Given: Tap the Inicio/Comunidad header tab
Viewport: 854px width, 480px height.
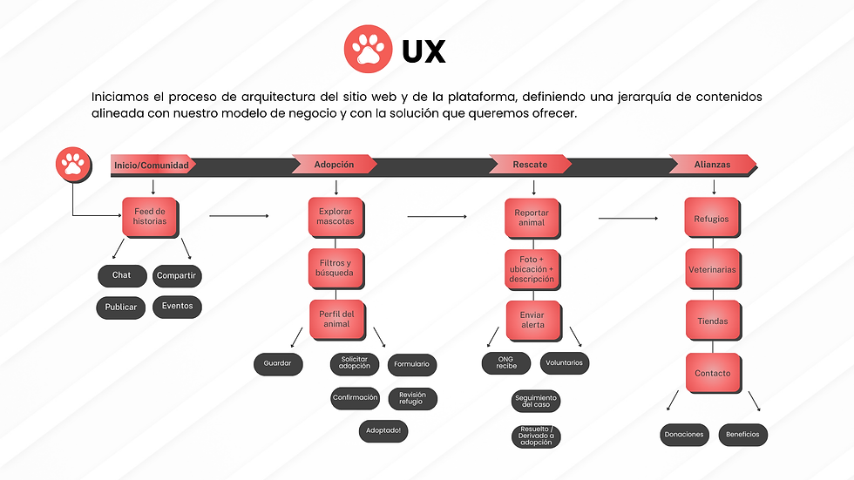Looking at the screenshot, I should pos(152,165).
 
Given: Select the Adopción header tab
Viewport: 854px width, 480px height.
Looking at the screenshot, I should pos(334,164).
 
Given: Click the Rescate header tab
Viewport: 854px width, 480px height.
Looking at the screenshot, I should pos(530,164).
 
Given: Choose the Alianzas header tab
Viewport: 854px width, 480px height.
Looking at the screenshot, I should pos(713,164).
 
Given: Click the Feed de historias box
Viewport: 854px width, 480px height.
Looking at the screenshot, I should pos(150,216).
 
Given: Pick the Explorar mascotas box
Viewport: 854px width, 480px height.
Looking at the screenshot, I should pos(335,216).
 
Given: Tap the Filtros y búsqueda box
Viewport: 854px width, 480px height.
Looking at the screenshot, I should pos(335,267).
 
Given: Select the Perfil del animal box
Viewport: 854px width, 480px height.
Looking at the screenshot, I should pos(335,319).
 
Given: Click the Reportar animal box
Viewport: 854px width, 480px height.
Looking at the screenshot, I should pos(532,217).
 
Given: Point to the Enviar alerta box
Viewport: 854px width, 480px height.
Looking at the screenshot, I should pos(532,319).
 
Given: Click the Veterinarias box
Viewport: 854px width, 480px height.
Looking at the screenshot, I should pos(712,270).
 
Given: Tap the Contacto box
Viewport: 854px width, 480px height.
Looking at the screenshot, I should pos(712,373).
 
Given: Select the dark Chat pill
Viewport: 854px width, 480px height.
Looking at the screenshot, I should pos(122,276).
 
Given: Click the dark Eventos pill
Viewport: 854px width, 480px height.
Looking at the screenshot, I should pos(177,307).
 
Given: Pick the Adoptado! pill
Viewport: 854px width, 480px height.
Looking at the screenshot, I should pos(383,430).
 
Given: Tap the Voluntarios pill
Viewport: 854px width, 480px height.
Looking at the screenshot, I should pos(565,362).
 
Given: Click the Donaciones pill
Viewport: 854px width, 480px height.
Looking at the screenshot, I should pos(684,434).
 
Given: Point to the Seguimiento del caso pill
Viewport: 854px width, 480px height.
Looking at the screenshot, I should pos(535,402).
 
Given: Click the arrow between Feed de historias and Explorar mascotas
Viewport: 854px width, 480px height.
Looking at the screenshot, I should pos(239,216).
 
